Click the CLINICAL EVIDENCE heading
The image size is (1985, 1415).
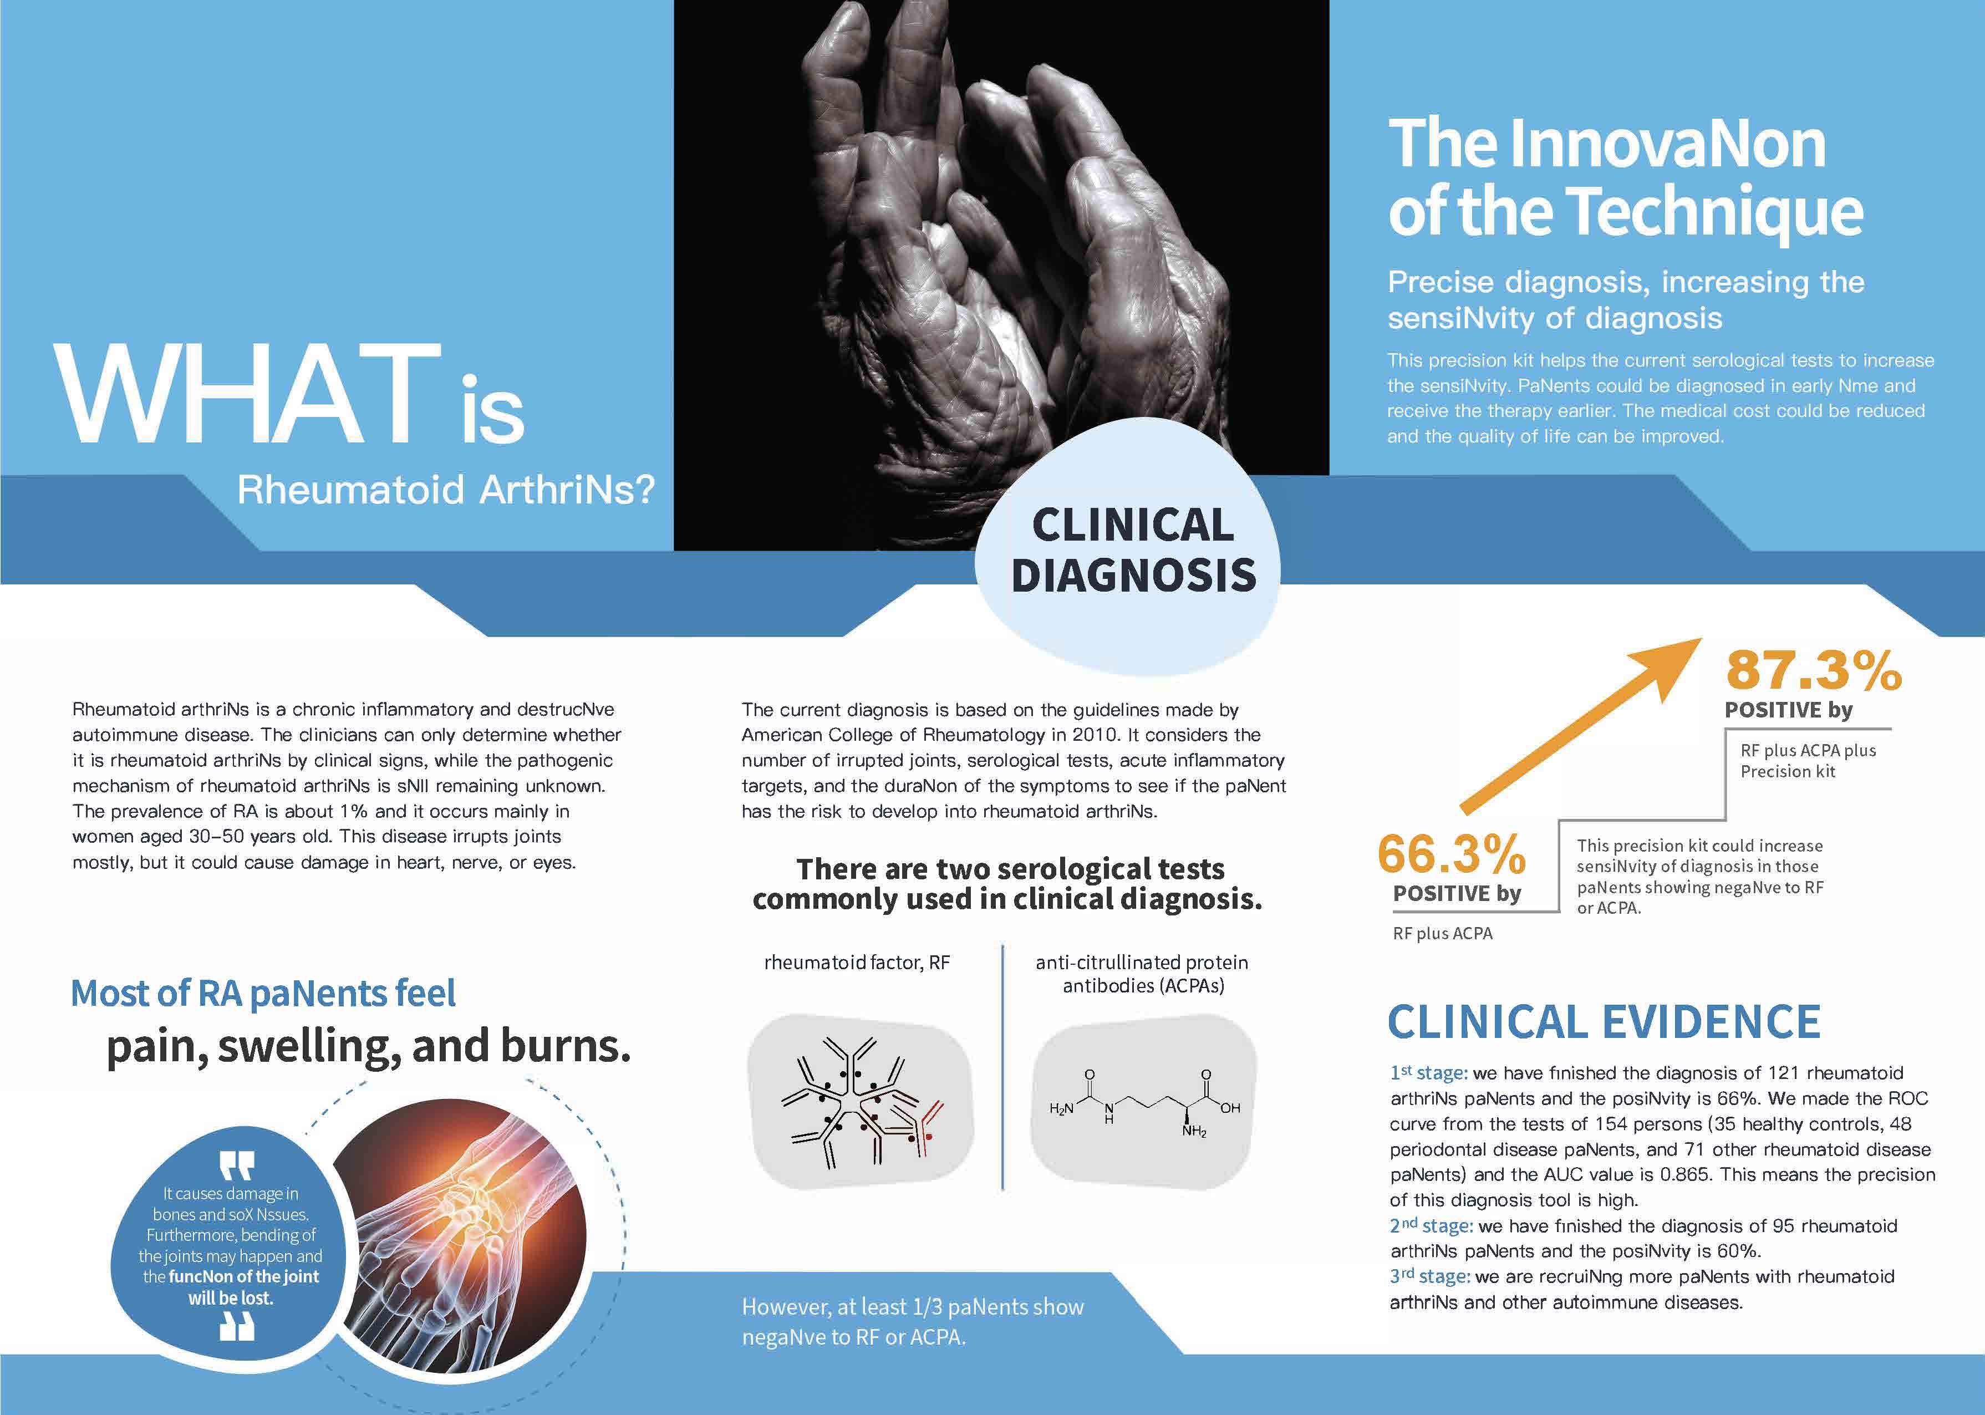click(1604, 1021)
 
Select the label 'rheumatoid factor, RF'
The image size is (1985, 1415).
click(857, 963)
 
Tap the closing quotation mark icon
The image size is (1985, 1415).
click(236, 1325)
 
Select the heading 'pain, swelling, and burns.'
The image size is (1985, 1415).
click(369, 1046)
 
